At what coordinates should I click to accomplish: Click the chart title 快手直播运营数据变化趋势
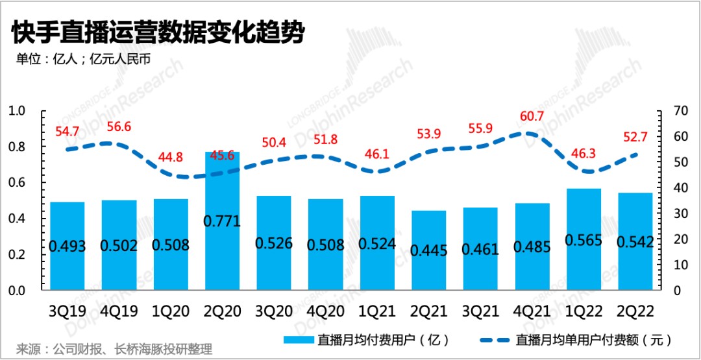click(156, 32)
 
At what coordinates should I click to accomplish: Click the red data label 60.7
click(532, 119)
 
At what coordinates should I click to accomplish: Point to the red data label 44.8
click(171, 158)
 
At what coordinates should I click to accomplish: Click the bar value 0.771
click(222, 221)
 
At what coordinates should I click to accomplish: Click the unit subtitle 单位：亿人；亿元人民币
click(83, 58)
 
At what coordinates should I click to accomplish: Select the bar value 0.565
click(584, 240)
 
